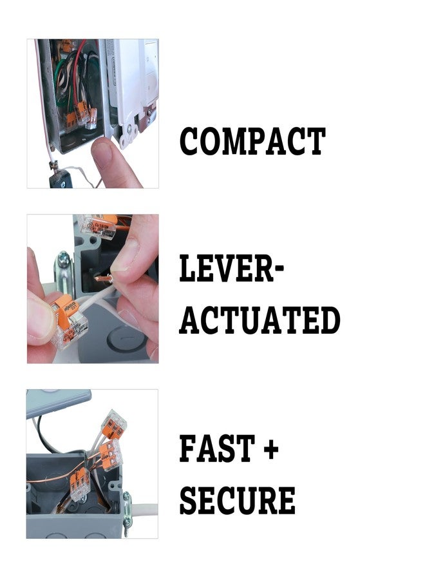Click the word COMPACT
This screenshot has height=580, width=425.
pyautogui.click(x=252, y=142)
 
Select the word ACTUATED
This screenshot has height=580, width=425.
pyautogui.click(x=260, y=320)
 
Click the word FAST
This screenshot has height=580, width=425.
pyautogui.click(x=216, y=449)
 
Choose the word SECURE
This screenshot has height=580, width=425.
pyautogui.click(x=237, y=500)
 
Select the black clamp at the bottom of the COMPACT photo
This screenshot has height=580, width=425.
pyautogui.click(x=61, y=179)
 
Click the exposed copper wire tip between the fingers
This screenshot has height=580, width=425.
pyautogui.click(x=103, y=279)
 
